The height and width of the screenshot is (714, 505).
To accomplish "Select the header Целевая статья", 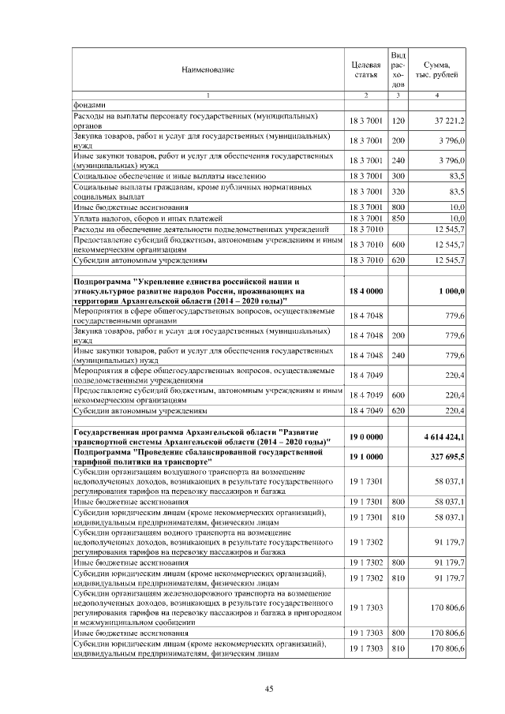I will click(366, 69).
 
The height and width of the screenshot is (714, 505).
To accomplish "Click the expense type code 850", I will click(398, 217).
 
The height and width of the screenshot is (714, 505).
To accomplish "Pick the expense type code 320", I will click(398, 192).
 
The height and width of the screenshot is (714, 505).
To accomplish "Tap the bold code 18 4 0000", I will click(366, 291).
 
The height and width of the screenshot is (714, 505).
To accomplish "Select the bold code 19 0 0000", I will click(366, 436).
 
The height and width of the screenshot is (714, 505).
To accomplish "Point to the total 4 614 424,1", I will click(440, 436).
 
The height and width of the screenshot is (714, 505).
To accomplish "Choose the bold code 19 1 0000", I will click(366, 456).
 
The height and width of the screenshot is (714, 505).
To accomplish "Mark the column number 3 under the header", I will click(398, 95).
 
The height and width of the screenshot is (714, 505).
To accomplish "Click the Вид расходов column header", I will click(398, 69).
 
